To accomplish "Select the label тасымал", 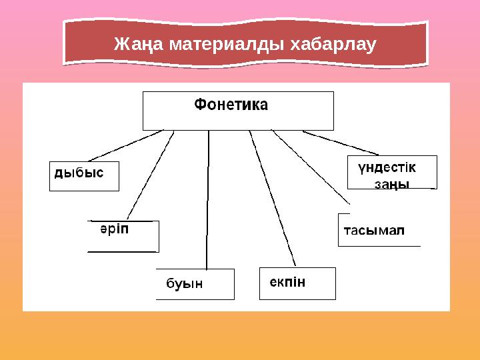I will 374,231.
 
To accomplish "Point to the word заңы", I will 391,183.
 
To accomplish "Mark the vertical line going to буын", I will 208,200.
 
